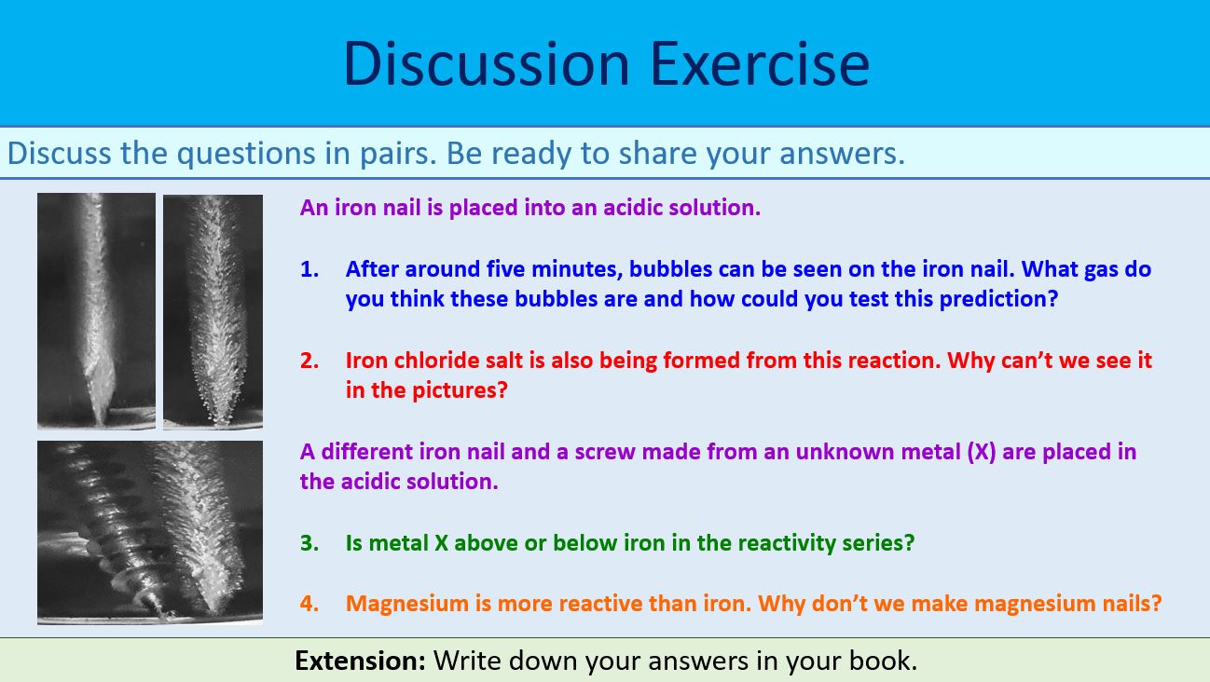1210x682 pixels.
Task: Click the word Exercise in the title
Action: [759, 63]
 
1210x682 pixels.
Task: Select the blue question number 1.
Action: [309, 269]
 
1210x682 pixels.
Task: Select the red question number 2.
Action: [309, 361]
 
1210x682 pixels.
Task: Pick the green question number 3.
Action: [309, 542]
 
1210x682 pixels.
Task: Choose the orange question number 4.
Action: [309, 603]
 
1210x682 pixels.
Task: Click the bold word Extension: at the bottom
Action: [360, 661]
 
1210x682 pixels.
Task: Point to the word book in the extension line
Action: [882, 661]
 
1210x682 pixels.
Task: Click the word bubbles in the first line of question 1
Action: [669, 269]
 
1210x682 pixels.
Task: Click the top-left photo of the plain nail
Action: [96, 309]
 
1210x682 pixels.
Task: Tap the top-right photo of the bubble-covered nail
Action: [213, 309]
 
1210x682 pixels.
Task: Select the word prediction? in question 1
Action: [998, 299]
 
